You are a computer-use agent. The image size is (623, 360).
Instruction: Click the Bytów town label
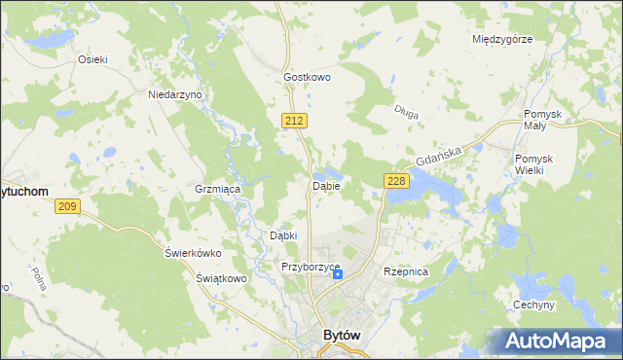point(341,336)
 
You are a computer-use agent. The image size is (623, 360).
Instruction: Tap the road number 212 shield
point(297,120)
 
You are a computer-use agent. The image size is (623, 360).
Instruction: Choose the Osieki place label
point(92,58)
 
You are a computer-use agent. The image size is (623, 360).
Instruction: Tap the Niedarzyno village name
point(174,95)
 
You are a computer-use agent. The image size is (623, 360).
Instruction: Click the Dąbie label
point(325,185)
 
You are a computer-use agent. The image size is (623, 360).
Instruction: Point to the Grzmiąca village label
point(218,189)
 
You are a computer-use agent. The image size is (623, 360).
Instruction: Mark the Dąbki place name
point(282,235)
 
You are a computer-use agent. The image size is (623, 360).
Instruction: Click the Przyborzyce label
point(310,267)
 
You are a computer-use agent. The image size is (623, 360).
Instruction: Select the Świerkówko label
point(193,253)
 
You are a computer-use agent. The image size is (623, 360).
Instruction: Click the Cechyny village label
point(533,305)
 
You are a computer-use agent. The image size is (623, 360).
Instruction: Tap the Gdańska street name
point(436,153)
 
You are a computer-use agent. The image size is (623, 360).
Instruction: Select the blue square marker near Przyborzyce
point(338,274)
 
